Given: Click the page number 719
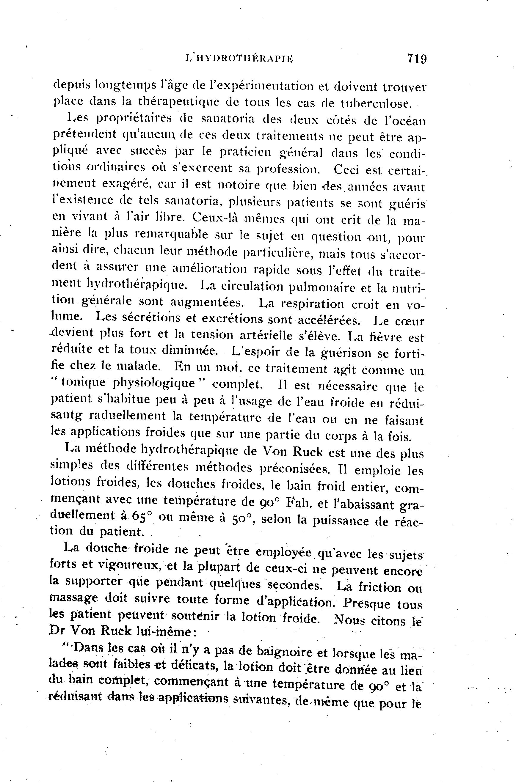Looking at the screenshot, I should (x=417, y=59).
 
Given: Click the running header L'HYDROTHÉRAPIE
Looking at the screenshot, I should (x=240, y=59).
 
